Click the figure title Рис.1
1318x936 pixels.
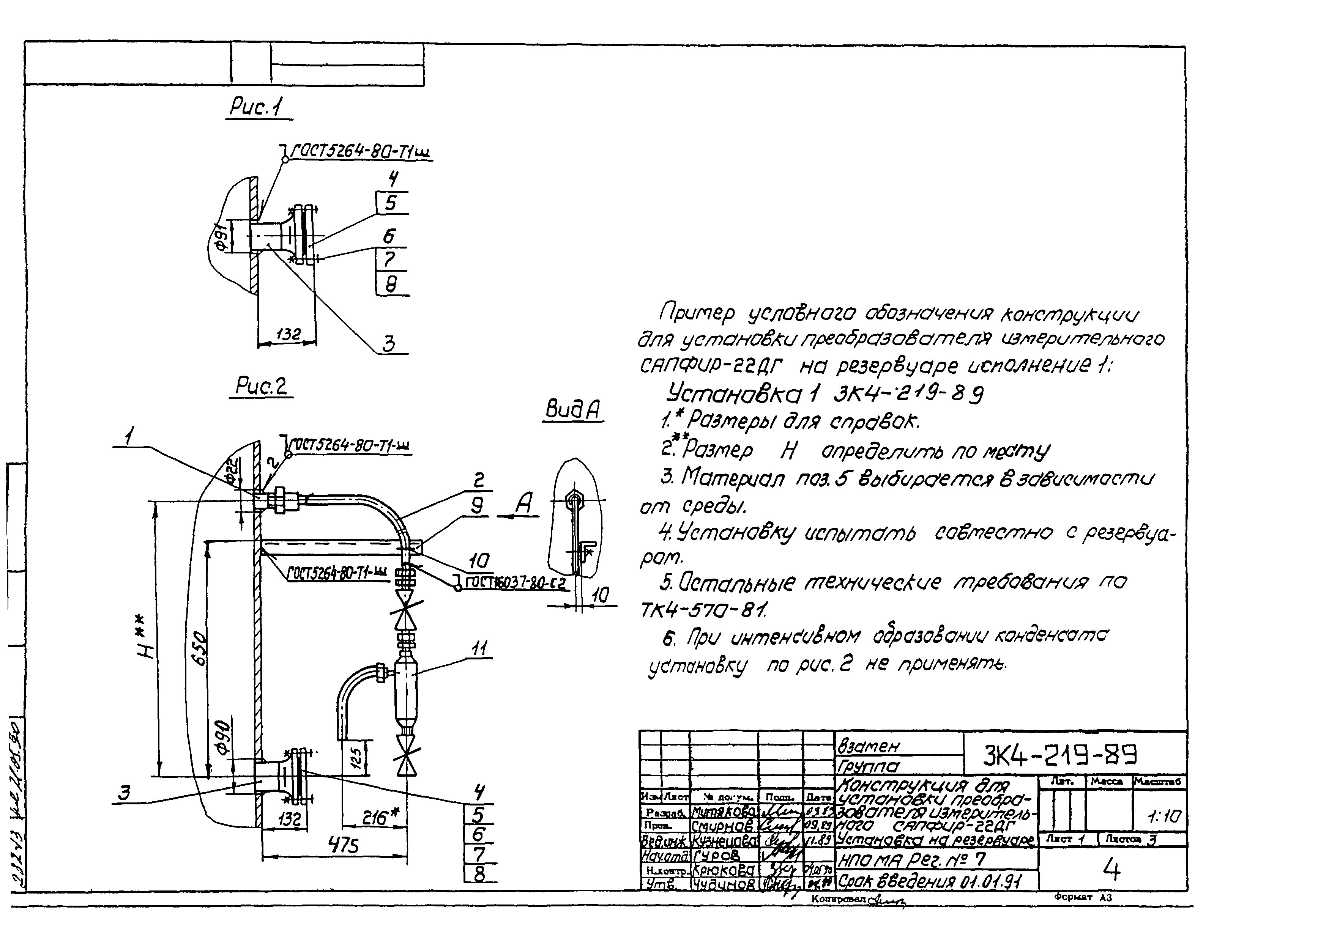pyautogui.click(x=257, y=107)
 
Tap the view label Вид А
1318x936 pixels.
pyautogui.click(x=572, y=411)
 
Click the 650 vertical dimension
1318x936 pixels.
pyautogui.click(x=198, y=648)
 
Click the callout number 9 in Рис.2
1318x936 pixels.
pyautogui.click(x=477, y=505)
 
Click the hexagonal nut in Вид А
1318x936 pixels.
pyautogui.click(x=574, y=496)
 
